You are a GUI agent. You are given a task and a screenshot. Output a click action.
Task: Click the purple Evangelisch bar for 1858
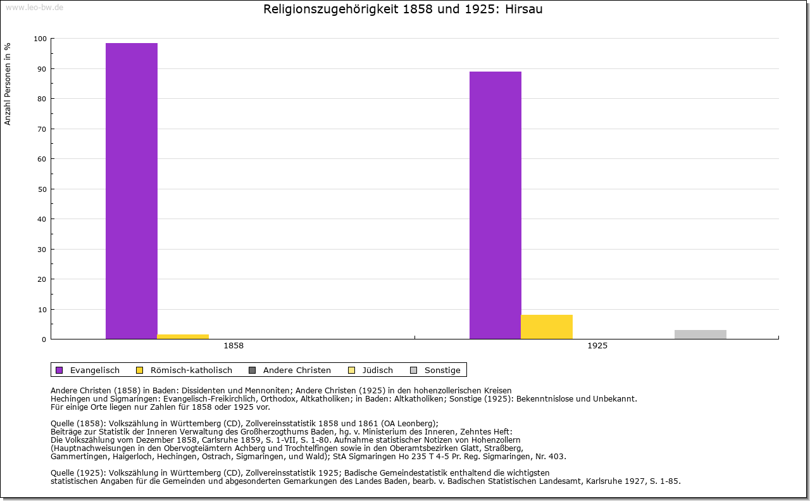[132, 190]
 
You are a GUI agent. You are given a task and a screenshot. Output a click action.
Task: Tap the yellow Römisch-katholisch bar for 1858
[183, 336]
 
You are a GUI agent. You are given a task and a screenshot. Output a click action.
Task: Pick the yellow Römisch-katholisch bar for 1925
[547, 327]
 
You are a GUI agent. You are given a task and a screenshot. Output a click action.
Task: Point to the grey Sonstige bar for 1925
[701, 334]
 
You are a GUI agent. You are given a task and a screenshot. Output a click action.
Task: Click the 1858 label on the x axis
[234, 346]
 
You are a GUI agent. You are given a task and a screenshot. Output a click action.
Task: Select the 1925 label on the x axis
[597, 346]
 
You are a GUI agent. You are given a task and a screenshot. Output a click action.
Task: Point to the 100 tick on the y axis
[40, 39]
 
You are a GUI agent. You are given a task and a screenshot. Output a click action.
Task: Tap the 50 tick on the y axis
[42, 189]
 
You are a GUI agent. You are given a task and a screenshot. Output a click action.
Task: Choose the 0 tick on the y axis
[44, 339]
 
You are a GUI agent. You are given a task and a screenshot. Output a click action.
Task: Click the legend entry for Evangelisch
[94, 370]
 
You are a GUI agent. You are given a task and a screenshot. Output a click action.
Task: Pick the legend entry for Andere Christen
[297, 370]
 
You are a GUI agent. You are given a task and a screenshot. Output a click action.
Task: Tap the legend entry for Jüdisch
[377, 370]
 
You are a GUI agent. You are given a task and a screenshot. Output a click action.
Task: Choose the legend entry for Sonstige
[442, 370]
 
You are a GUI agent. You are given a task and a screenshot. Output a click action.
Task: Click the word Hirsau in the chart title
[524, 10]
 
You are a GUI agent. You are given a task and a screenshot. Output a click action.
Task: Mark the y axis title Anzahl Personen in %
[8, 84]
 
